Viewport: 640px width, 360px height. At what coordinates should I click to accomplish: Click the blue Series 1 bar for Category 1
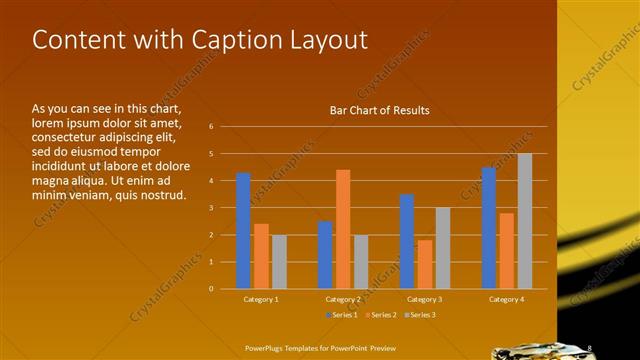click(x=243, y=230)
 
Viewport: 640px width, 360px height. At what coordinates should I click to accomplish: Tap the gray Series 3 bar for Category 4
click(x=525, y=221)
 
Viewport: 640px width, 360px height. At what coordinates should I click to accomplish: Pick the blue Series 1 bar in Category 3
click(x=407, y=241)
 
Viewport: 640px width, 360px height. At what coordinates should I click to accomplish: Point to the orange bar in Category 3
click(x=424, y=264)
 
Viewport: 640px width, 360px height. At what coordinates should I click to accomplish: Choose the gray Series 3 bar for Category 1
click(x=279, y=261)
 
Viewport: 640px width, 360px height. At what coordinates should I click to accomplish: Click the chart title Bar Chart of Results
click(x=380, y=111)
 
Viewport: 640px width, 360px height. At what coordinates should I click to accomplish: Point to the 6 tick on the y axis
click(x=211, y=127)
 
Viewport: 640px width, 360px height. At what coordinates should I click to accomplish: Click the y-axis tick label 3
click(x=211, y=208)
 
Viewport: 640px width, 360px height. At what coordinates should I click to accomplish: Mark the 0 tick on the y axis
click(x=211, y=289)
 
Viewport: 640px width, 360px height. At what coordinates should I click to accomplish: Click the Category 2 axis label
click(x=343, y=299)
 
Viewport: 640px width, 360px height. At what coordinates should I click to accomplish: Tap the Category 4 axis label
click(x=507, y=299)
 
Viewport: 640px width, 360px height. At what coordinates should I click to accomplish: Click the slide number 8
click(x=590, y=348)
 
